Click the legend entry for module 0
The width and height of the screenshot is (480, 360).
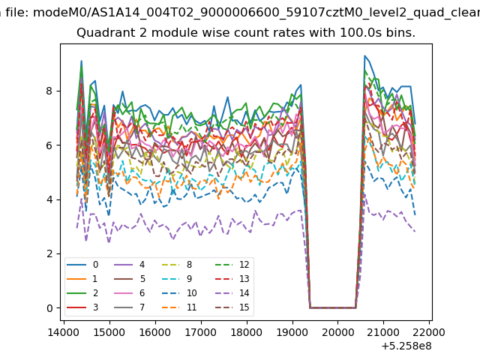click(x=82, y=265)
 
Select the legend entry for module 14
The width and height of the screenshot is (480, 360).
click(x=232, y=293)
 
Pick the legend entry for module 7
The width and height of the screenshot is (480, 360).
click(x=129, y=307)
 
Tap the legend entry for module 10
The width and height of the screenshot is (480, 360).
click(x=178, y=293)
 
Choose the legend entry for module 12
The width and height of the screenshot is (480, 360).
click(x=232, y=265)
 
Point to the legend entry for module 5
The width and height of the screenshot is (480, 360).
click(x=129, y=279)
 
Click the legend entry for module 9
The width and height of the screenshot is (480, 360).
click(x=177, y=279)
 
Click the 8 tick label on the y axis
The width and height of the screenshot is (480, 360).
click(x=49, y=91)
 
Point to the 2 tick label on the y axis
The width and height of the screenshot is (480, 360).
click(x=49, y=253)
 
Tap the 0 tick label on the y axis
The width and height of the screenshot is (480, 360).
click(x=49, y=308)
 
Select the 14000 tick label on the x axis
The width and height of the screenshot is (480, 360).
click(x=63, y=332)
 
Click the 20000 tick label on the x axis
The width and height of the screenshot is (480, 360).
click(x=337, y=332)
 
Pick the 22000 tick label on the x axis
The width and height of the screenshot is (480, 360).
click(x=429, y=332)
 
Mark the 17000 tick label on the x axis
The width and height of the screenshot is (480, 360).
click(x=200, y=332)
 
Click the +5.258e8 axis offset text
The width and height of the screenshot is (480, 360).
click(x=406, y=346)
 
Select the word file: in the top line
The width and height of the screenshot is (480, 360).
click(x=17, y=13)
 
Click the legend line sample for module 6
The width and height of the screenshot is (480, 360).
click(x=123, y=293)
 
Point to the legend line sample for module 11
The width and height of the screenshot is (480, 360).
click(x=172, y=307)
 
